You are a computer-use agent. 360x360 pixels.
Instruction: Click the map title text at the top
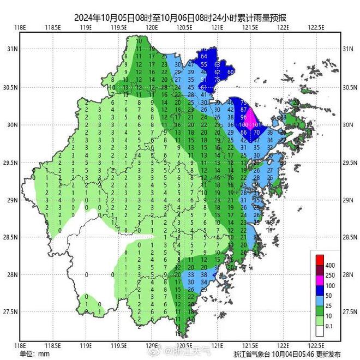[x=179, y=17]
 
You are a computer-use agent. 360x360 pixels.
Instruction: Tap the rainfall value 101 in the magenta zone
[x=258, y=125]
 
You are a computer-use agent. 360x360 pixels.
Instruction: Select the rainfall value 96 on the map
[x=244, y=117]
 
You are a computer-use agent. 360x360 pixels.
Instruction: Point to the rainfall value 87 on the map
[x=244, y=110]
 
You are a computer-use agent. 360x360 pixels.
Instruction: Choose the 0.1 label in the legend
[x=330, y=326]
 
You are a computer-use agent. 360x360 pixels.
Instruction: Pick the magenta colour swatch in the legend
[x=319, y=280]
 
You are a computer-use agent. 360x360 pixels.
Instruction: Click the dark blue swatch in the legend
[x=319, y=291]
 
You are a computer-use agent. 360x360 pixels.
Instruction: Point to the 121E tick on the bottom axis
[x=218, y=345]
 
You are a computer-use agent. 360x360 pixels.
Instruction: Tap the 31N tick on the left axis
[x=11, y=50]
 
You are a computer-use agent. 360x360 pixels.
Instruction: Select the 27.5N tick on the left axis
[x=10, y=312]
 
